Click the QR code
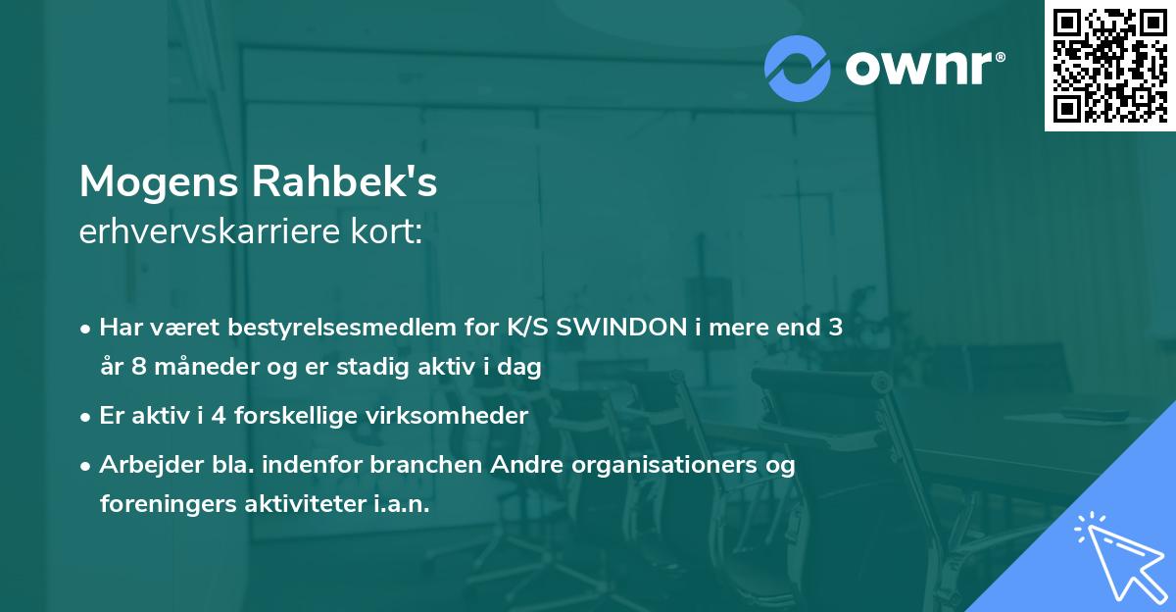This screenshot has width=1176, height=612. (1109, 66)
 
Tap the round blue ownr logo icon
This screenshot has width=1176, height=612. (798, 68)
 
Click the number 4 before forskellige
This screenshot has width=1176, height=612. (220, 416)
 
